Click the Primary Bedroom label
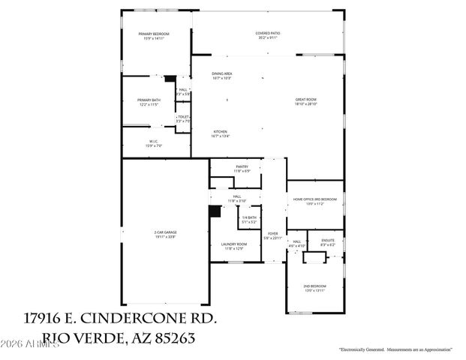click(x=154, y=35)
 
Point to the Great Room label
click(x=306, y=101)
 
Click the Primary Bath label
click(x=149, y=101)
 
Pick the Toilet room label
click(x=183, y=118)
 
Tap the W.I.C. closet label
click(x=153, y=142)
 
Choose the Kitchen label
click(x=220, y=133)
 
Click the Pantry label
click(x=242, y=168)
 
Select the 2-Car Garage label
click(x=165, y=234)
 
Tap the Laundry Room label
click(x=234, y=245)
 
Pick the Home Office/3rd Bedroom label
click(x=314, y=201)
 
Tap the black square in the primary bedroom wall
click(x=170, y=78)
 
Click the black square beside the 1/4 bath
click(x=215, y=211)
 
